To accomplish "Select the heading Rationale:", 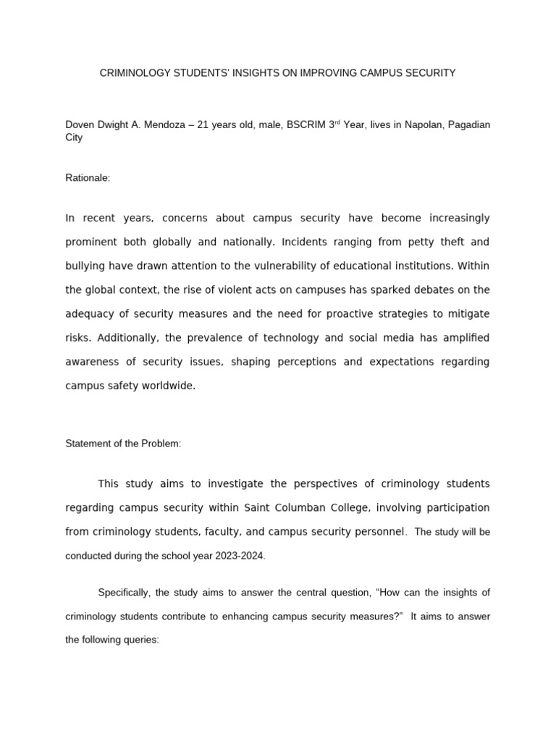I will click(x=88, y=178).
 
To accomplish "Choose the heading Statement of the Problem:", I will click(x=123, y=444).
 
